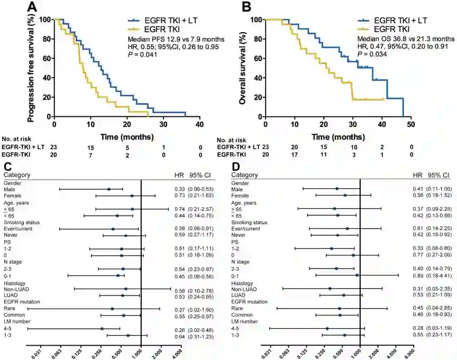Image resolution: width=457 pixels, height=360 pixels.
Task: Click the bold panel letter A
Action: (33, 7)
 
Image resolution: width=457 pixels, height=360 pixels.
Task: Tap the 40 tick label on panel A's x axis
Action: (200, 125)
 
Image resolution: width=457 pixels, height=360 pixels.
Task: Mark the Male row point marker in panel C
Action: (109, 189)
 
